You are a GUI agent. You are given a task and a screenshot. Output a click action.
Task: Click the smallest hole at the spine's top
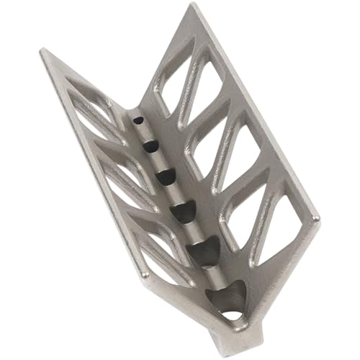(x=138, y=119)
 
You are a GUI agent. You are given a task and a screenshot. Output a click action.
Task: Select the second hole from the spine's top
(x=150, y=146)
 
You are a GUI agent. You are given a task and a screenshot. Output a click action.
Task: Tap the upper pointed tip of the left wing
(x=43, y=51)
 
